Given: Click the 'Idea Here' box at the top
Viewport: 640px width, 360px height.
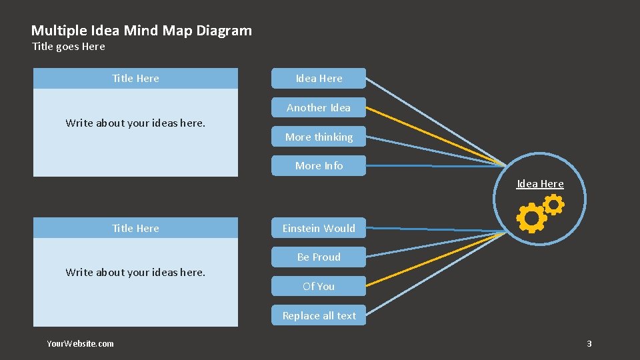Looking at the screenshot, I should (319, 78).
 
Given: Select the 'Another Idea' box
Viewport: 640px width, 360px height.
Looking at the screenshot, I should (319, 107).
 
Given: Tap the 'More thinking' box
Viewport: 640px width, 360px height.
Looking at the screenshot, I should (319, 137).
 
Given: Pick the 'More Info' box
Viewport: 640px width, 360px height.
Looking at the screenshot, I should (319, 165).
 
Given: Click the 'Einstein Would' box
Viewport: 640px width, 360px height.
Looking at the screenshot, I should (319, 228).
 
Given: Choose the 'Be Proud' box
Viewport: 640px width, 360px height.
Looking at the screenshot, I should (319, 257).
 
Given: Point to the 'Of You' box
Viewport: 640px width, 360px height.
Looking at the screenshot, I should (319, 286).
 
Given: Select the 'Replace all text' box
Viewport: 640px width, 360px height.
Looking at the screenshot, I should (319, 315).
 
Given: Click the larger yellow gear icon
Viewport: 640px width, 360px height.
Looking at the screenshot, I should (531, 218).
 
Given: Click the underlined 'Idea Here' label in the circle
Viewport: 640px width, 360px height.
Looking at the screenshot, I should (540, 184).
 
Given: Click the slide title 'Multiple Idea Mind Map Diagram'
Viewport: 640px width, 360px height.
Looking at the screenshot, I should (141, 30).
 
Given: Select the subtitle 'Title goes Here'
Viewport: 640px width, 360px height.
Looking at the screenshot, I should (69, 47).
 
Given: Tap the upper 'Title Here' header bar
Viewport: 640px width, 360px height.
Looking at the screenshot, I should (135, 78).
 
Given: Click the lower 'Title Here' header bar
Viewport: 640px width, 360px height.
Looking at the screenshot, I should (135, 228).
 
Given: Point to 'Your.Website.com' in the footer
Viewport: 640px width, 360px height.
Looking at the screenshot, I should (80, 343).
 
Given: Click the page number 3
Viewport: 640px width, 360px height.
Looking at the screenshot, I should (589, 343).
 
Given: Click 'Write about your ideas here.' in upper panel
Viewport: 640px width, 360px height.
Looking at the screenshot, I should (135, 123).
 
